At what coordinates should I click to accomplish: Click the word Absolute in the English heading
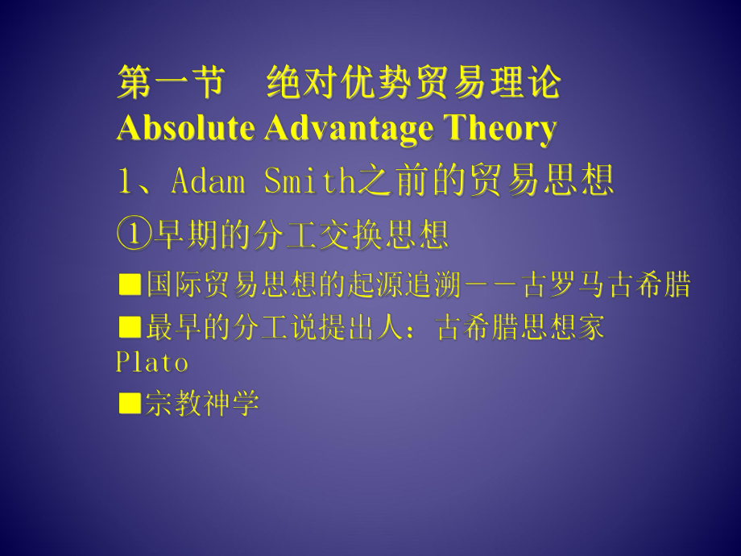(x=185, y=128)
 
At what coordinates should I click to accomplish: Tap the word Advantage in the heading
(x=349, y=129)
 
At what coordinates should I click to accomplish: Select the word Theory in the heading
(x=500, y=129)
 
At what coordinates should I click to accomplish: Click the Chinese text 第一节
(x=171, y=82)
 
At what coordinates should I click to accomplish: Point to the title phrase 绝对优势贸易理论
(x=414, y=82)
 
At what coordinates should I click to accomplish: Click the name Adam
(x=209, y=180)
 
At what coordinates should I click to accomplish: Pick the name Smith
(x=309, y=180)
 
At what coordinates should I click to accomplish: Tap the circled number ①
(x=135, y=234)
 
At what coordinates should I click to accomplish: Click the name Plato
(x=151, y=363)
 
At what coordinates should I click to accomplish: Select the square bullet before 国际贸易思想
(x=130, y=284)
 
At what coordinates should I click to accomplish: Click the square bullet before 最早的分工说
(x=130, y=326)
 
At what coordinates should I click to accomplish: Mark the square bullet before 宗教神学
(x=130, y=403)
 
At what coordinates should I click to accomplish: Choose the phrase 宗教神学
(x=202, y=403)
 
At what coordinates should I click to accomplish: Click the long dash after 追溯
(x=491, y=284)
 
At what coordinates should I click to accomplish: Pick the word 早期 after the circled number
(x=186, y=234)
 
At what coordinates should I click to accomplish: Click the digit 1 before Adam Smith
(x=124, y=180)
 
